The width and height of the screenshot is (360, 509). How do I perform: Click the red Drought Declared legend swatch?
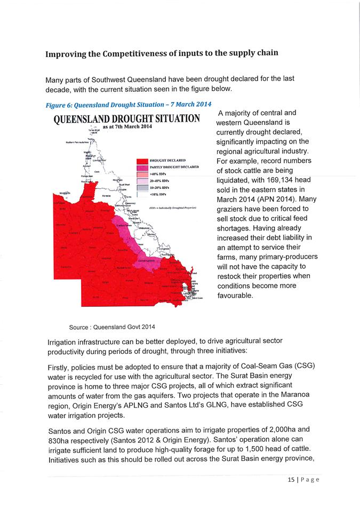(x=142, y=160)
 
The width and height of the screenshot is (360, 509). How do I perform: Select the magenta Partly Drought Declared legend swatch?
(x=142, y=167)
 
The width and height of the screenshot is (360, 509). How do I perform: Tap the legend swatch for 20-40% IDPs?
(x=142, y=181)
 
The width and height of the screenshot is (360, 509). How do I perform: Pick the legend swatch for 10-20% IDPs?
(x=142, y=188)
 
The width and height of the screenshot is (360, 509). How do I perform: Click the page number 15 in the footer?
(x=290, y=479)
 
